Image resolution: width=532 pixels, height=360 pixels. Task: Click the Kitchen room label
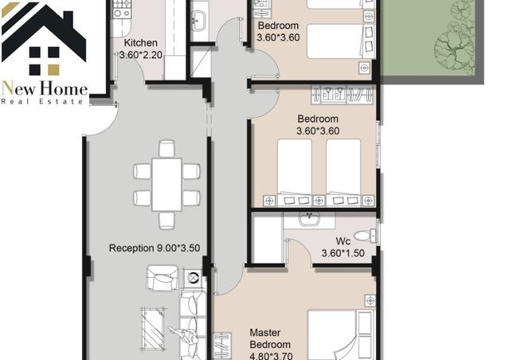140,43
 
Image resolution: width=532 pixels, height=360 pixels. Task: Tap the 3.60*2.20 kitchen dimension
141,55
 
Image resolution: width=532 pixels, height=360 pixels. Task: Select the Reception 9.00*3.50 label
155,248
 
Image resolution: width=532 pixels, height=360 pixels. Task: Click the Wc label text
342,241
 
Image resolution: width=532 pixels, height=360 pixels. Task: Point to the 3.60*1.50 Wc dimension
343,253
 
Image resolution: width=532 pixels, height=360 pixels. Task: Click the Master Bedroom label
270,338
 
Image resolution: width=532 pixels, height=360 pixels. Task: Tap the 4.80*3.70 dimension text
271,356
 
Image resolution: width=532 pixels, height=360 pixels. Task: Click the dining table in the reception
166,185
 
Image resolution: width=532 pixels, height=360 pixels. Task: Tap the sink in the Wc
309,219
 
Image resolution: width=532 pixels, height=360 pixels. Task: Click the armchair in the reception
162,278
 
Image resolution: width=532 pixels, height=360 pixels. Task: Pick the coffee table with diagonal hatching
154,328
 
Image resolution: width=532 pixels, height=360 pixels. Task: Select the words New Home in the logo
45,88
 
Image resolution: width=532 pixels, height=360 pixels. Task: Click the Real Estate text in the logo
42,101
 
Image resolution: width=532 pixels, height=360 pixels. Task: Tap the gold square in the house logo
53,69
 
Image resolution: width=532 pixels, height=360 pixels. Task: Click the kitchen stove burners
122,9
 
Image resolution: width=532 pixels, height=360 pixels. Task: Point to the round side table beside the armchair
193,278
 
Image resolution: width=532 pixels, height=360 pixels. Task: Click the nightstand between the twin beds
319,201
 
